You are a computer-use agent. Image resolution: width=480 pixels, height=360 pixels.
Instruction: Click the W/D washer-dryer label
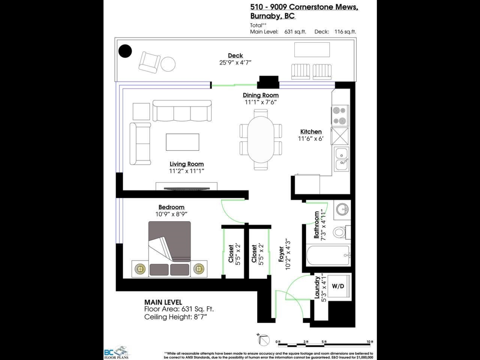(338, 286)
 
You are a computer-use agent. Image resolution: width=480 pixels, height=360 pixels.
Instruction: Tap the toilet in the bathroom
(340, 232)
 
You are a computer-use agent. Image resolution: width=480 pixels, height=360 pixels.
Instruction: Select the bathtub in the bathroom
(328, 255)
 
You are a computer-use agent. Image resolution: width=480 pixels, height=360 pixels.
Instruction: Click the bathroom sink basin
(341, 209)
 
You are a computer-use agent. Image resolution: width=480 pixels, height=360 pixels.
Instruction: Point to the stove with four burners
(340, 115)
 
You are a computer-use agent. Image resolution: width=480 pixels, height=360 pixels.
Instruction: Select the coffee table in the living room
(182, 142)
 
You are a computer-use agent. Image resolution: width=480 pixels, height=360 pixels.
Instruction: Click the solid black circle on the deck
(126, 51)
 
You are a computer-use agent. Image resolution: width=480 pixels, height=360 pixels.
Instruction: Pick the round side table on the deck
(168, 64)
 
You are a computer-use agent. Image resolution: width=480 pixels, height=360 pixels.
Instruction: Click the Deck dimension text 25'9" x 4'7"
(235, 62)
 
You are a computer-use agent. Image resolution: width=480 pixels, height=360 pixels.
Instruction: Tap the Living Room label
(186, 164)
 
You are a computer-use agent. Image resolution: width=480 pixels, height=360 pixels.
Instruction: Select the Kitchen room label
(311, 132)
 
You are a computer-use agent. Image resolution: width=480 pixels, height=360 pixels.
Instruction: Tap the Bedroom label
(171, 207)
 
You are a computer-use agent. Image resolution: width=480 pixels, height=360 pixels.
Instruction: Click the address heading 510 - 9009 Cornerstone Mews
(304, 7)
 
